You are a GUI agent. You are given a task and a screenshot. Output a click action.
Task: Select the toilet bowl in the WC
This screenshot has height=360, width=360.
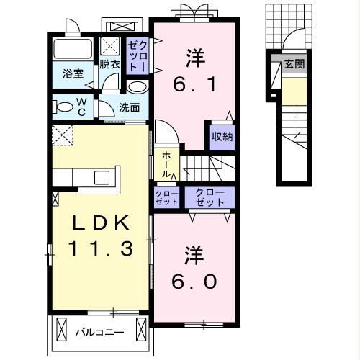pos(64,108)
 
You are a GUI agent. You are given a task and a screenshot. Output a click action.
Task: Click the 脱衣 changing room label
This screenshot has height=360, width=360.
pos(109,63)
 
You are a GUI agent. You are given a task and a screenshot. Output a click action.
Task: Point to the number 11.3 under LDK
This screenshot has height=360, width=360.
pos(101,249)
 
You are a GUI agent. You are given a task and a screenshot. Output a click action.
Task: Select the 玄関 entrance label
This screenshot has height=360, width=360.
pos(294,64)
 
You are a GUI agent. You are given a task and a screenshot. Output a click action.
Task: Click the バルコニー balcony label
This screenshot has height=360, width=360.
pos(100,332)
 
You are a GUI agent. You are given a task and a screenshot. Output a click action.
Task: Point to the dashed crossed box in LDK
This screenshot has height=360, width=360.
pos(63,135)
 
